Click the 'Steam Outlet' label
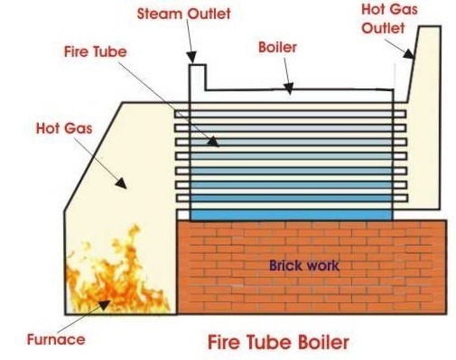point(184,14)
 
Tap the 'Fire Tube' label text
point(96,51)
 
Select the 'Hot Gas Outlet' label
point(389,19)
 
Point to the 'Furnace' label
point(56,339)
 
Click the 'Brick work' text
point(304,265)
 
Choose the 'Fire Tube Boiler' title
point(278,342)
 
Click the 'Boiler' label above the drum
point(277,48)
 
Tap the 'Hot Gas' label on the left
point(64,128)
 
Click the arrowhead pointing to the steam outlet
point(191,57)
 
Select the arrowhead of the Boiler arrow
point(289,88)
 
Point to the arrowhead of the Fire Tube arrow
point(213,142)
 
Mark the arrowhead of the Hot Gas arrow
point(121,183)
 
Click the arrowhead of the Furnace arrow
point(104,304)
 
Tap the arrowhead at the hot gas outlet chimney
point(409,54)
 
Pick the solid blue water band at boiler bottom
point(292,215)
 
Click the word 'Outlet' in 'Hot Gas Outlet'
point(383,28)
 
